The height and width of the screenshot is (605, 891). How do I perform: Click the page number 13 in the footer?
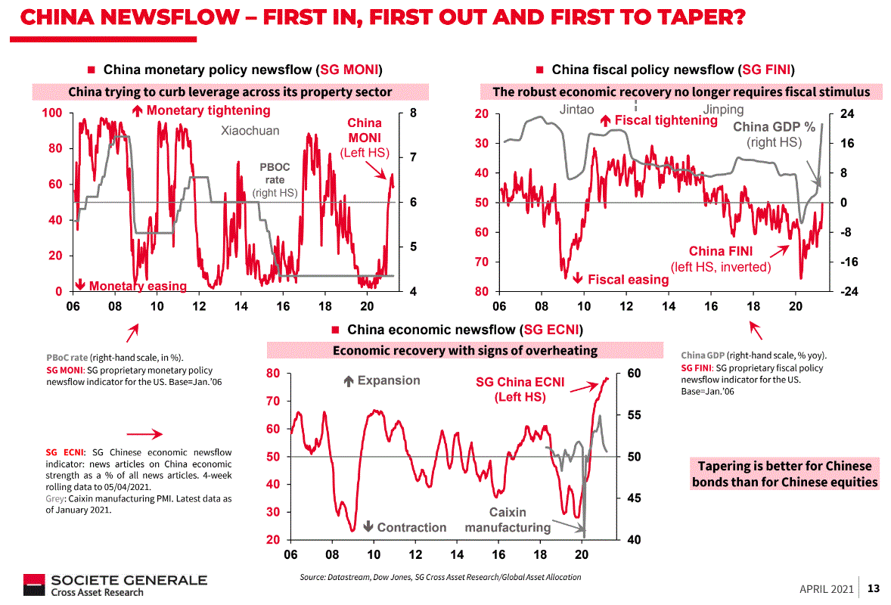874,588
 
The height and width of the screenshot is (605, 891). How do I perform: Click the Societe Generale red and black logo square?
33,585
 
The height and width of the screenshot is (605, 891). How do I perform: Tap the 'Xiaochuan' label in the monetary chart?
250,131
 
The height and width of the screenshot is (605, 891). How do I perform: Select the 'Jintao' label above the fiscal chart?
577,110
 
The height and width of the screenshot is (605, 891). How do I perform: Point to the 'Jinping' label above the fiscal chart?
723,110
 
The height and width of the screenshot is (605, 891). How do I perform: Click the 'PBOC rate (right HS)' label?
275,179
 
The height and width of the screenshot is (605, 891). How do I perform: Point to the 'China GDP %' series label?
774,127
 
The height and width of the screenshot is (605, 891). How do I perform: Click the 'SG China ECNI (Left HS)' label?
520,389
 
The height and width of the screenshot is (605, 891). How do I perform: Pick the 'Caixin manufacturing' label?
508,520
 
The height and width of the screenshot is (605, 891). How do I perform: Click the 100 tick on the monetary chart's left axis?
52,113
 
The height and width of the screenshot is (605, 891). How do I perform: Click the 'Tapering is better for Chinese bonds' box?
784,474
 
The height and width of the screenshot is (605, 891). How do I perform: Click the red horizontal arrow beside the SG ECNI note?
144,434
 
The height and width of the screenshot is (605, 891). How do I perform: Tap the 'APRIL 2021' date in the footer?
827,589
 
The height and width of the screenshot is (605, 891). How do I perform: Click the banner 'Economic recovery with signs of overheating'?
465,351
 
